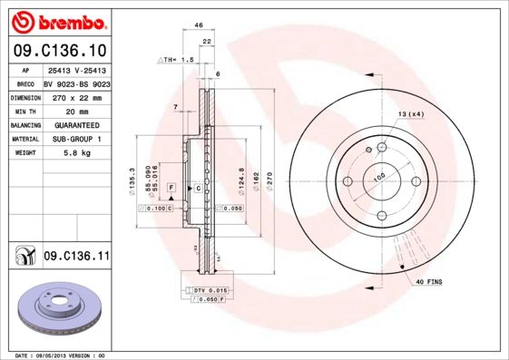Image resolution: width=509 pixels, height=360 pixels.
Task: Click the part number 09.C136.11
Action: (76, 257)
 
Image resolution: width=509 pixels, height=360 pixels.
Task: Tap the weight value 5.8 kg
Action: (74, 153)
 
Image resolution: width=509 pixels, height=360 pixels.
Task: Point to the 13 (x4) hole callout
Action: (410, 113)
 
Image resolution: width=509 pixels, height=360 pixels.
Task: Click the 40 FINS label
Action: (427, 283)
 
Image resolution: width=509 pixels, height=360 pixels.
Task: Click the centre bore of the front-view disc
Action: (380, 181)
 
